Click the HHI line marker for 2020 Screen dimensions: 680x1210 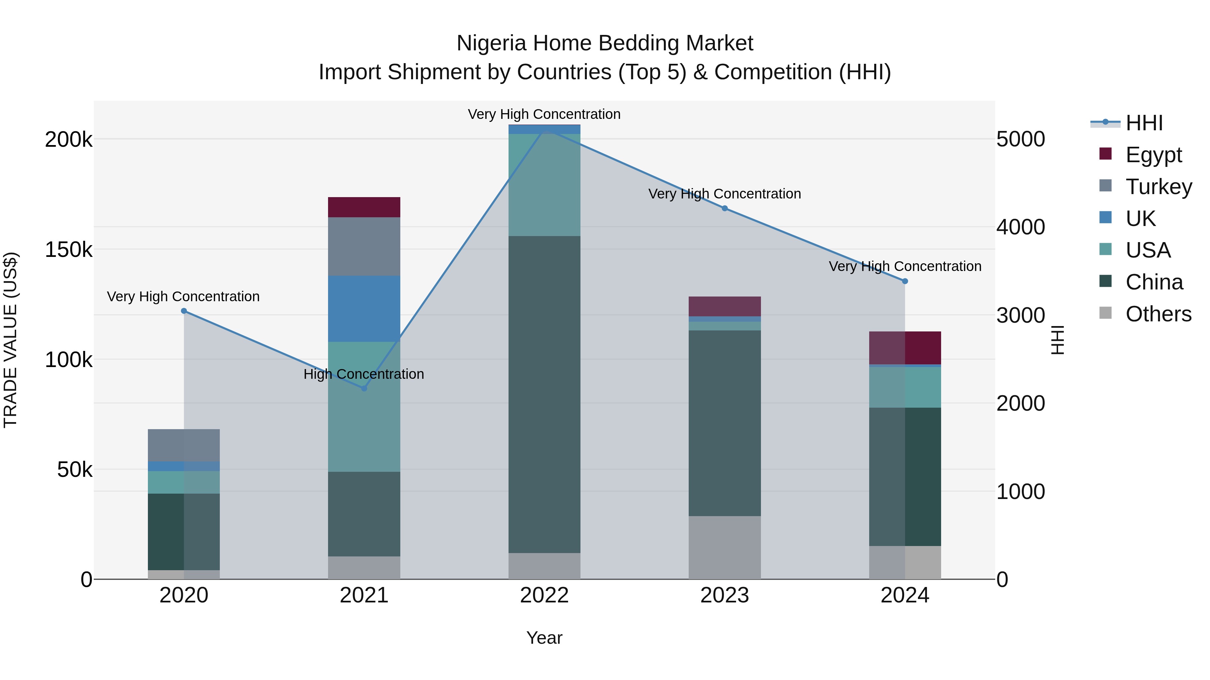pos(184,311)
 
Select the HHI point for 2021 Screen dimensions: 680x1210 pos(364,388)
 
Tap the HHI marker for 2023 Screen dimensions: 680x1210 pos(725,208)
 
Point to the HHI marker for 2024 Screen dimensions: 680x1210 pos(905,281)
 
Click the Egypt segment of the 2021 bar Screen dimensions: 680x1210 pos(364,207)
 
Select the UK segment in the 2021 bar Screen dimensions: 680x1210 pos(364,308)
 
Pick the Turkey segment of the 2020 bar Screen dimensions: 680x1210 pos(184,445)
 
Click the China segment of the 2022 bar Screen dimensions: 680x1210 pos(544,394)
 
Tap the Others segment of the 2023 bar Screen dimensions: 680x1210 pos(725,547)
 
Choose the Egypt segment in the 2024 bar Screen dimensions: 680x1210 pos(905,348)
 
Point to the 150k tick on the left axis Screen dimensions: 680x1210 pos(69,250)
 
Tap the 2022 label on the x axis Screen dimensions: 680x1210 pos(544,595)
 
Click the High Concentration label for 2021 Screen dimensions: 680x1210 pos(364,374)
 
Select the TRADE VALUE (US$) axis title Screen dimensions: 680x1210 pos(10,340)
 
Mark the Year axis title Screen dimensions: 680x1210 pos(544,638)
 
